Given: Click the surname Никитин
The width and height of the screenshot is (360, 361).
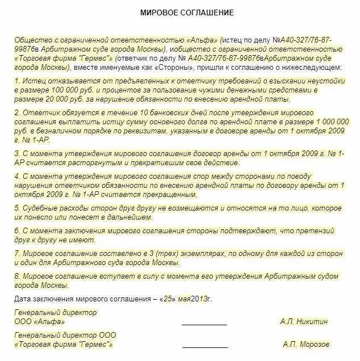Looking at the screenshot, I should point(313,321).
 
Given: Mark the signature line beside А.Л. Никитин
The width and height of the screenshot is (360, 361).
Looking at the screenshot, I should point(204,325).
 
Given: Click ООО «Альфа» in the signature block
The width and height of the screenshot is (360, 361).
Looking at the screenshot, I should point(37,321).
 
